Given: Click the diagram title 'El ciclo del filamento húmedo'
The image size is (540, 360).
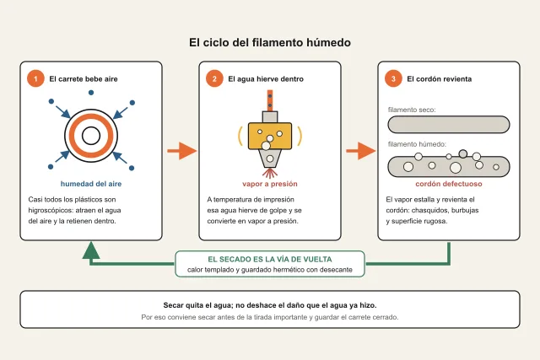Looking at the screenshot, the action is coord(270,42).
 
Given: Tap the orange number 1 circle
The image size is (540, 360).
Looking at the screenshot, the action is coord(35,78).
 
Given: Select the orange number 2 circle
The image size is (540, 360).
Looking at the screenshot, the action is coord(214,78).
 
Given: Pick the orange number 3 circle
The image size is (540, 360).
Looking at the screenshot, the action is coord(393,78).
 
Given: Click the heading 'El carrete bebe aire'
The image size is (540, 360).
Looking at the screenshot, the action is coord(84,78).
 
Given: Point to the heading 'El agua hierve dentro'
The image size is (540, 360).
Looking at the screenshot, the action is coord(266,78).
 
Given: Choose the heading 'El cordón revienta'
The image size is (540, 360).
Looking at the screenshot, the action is coord(439,78).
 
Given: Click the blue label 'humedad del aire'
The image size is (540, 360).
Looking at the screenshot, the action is coord(91,184).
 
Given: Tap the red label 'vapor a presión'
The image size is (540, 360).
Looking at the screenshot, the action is coord(270,184).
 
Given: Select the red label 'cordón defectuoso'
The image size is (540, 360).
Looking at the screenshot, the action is coord(448,184).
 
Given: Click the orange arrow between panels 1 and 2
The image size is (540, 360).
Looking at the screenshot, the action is coord(182,151).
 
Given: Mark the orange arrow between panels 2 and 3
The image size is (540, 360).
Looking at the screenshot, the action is coord(360,151).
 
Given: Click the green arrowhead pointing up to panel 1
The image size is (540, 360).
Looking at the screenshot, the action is coord(91,250).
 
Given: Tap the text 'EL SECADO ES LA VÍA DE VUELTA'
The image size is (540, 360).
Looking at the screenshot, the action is coord(270,259).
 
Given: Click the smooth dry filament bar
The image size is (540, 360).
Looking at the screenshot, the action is coord(448,124).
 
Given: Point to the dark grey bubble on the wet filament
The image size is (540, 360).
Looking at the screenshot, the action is coord(463,153).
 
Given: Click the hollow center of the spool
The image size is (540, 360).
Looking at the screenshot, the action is coord(91,136).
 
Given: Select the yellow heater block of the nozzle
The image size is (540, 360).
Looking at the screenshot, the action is coord(270,136).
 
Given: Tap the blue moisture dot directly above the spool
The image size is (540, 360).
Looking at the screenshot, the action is coord(91,93).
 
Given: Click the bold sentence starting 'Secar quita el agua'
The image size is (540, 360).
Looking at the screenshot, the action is coord(270,305).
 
